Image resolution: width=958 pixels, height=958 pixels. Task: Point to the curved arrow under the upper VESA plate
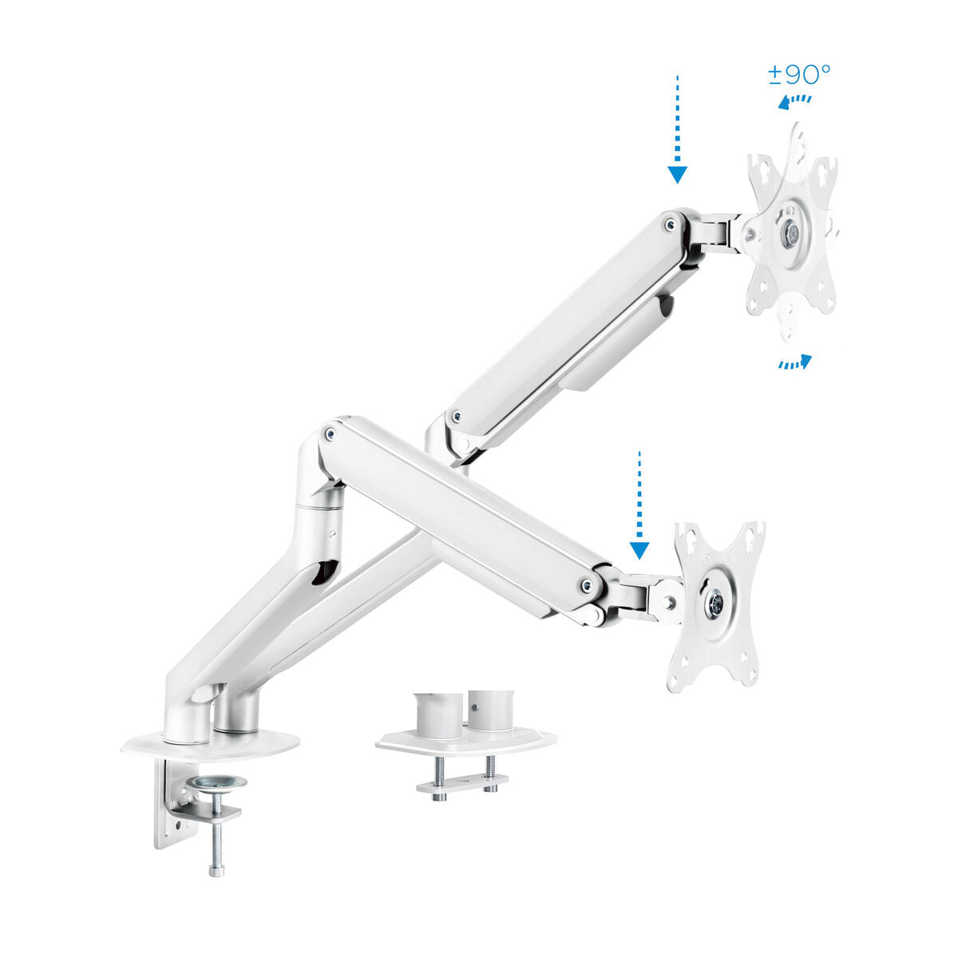[x=794, y=363]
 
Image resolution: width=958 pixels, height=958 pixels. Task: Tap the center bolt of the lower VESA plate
[x=715, y=601]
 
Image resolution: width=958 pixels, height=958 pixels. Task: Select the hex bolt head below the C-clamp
[x=216, y=869]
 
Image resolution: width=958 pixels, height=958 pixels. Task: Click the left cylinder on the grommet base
[x=438, y=714]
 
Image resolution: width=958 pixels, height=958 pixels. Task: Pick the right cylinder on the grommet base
[x=490, y=710]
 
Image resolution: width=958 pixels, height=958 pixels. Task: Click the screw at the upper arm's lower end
[x=456, y=417]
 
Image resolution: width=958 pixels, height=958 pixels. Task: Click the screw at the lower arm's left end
[x=329, y=433]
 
